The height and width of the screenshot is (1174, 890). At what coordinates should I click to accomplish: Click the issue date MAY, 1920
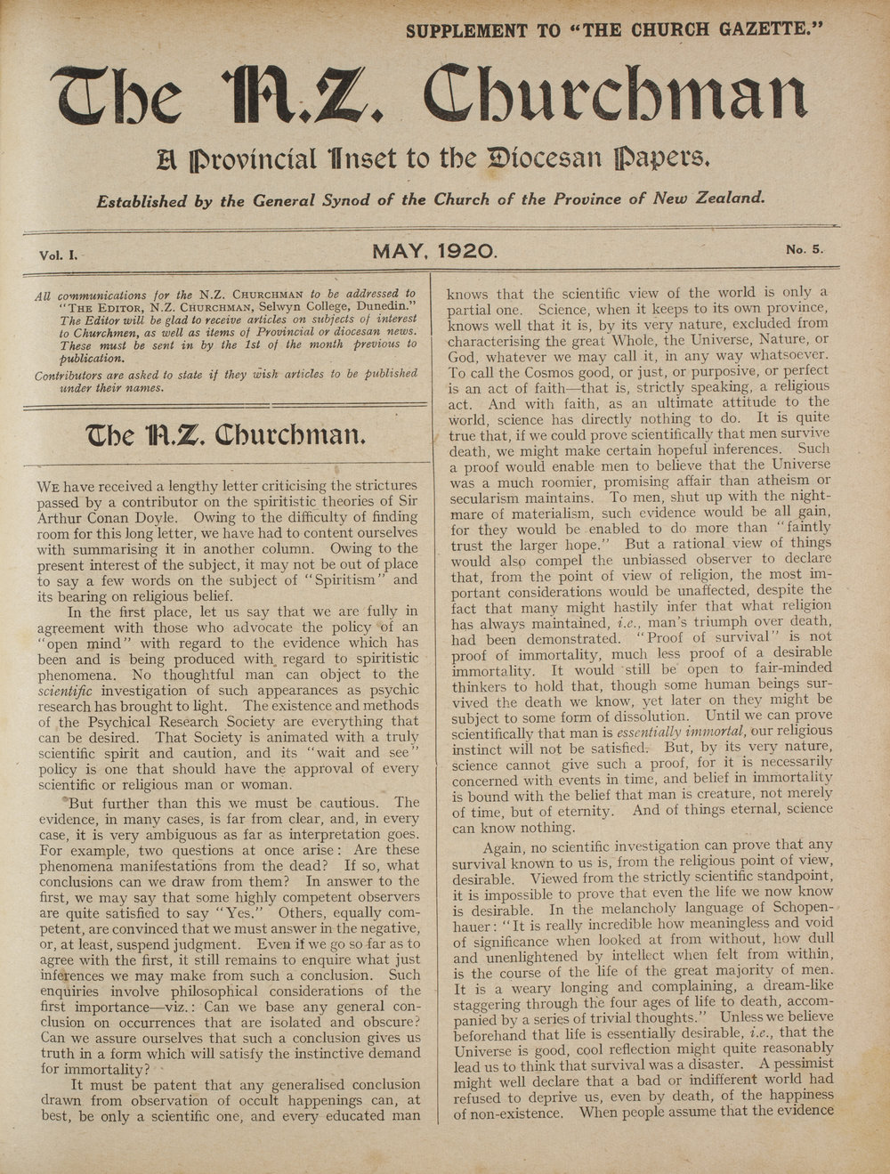pos(434,252)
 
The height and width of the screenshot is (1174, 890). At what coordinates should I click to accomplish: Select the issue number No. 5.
pos(805,250)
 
